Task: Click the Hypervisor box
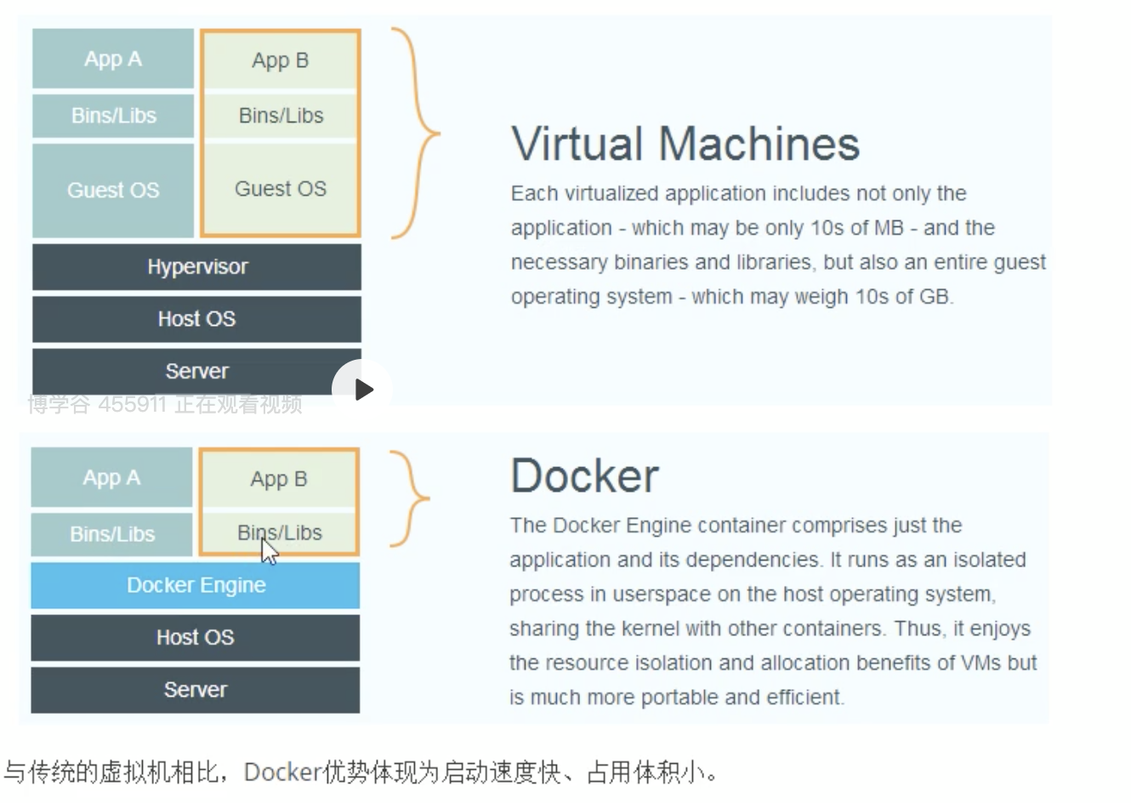pos(196,267)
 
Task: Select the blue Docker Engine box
pos(196,585)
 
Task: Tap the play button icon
pos(363,390)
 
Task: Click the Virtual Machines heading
pos(685,143)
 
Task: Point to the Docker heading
pos(585,476)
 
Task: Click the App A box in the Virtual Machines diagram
pos(113,59)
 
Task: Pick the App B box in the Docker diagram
pos(279,479)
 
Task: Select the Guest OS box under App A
pos(113,191)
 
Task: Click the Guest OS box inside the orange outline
pos(281,189)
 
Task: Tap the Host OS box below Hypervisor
pos(196,319)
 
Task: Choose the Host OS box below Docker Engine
pos(196,637)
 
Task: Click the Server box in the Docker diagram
pos(196,690)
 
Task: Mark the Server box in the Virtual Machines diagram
pos(196,371)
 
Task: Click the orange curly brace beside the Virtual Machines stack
pos(417,134)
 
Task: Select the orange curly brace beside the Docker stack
pos(412,498)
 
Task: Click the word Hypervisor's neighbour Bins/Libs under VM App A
pos(113,116)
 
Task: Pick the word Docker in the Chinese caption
pos(281,772)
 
